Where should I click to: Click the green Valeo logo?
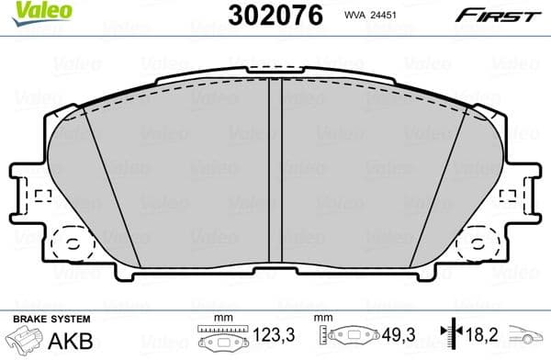tap(30, 11)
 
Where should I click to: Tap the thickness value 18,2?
tap(475, 338)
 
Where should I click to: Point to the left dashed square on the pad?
tap(42, 196)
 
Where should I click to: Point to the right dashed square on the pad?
tap(506, 196)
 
